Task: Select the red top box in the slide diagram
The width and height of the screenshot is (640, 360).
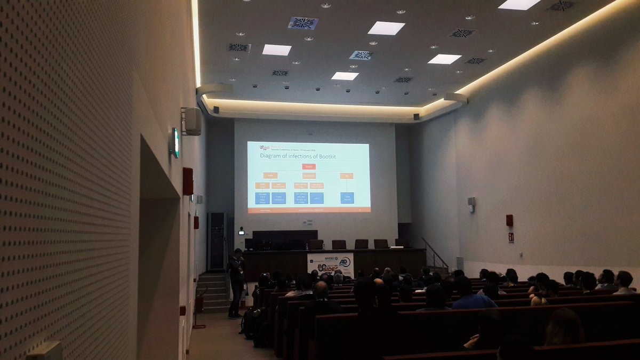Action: pos(309,166)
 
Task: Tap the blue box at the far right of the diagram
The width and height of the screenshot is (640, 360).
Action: pos(347,198)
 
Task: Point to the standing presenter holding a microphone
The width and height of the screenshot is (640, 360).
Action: pos(236,283)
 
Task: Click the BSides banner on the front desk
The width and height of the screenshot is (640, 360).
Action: pos(330,264)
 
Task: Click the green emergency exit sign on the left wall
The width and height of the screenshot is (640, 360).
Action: pos(175,143)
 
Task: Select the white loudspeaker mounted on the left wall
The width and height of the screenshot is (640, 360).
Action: pos(192,122)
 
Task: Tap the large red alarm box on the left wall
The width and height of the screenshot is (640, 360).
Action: pos(188,181)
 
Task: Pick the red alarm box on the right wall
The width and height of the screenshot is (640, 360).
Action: pos(509,220)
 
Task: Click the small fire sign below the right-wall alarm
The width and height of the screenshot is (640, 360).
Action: pos(510,237)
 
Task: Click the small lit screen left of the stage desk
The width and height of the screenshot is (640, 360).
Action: pos(241,233)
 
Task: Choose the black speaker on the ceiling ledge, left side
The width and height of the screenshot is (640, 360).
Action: pos(216,110)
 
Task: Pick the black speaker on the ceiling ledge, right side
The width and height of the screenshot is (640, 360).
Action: pos(416,116)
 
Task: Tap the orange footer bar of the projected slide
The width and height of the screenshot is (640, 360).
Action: pos(309,210)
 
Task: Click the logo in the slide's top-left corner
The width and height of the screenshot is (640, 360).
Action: pos(264,147)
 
